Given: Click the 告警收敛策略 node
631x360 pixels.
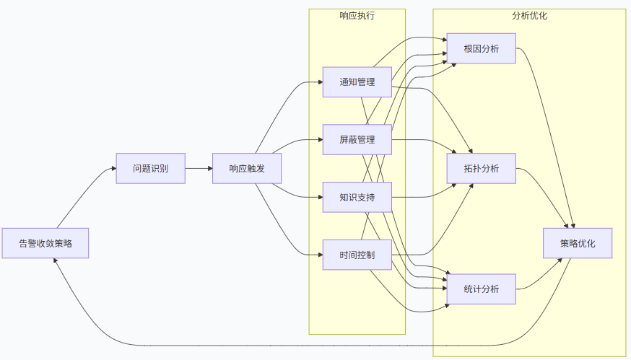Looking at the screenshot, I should [45, 243].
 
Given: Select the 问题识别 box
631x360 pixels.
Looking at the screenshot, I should [150, 168].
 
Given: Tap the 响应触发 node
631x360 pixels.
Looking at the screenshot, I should [246, 168].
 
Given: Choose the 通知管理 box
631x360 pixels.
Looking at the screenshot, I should [357, 82].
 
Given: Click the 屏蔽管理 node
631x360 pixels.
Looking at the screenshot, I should [357, 139].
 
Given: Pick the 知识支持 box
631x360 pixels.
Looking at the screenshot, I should [357, 197].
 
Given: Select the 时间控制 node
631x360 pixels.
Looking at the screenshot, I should [357, 255].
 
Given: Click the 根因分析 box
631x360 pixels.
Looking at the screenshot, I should [481, 48].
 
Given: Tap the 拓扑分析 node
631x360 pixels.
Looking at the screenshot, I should [481, 168].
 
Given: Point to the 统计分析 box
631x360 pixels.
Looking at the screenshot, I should [481, 289].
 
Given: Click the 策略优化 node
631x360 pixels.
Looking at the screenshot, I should [578, 243].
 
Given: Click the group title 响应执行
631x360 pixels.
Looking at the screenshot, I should [357, 15].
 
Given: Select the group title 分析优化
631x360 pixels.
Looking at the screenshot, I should [529, 15].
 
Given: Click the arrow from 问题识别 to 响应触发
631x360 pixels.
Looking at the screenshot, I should [199, 168].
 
